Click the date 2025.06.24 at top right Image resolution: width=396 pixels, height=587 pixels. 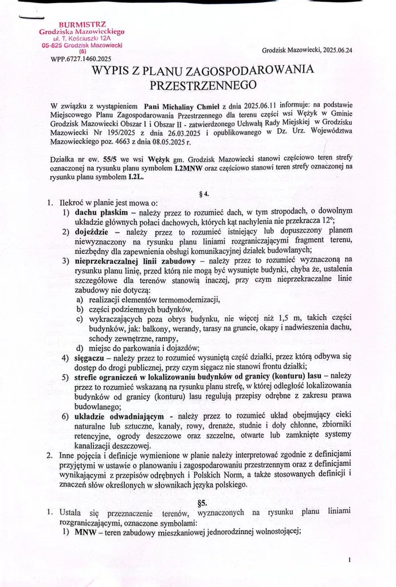tap(337, 50)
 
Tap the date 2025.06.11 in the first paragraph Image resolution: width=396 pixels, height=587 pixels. tap(273, 105)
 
